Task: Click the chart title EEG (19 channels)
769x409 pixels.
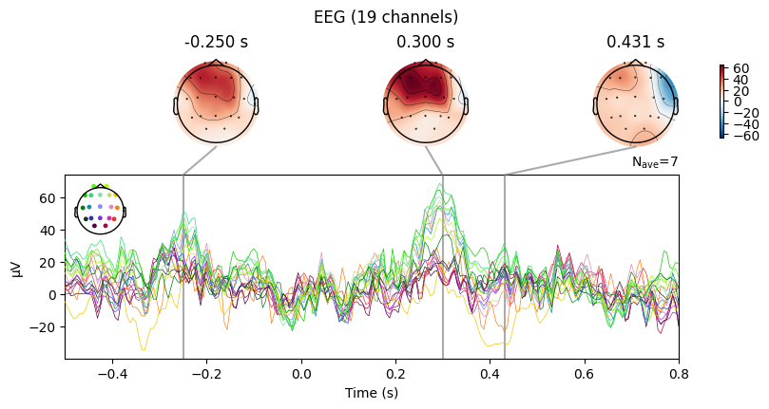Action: click(384, 17)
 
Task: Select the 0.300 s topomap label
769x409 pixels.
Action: click(425, 43)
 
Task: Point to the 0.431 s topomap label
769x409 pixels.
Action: click(635, 43)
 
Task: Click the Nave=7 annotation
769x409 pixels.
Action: click(655, 163)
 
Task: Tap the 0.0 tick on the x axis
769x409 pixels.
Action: click(301, 374)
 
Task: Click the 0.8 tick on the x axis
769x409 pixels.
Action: click(679, 374)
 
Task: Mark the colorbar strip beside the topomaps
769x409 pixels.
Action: click(722, 102)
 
